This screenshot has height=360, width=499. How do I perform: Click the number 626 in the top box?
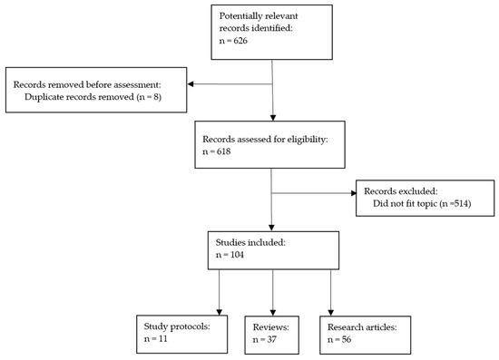click(x=240, y=41)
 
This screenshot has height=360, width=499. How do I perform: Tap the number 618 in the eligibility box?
click(x=223, y=151)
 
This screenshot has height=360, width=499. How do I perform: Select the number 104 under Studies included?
click(x=237, y=255)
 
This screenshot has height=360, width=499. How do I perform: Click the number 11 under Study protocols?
click(x=163, y=339)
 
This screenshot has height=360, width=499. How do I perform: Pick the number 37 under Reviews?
click(x=271, y=340)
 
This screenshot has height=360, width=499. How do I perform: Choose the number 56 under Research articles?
click(x=347, y=339)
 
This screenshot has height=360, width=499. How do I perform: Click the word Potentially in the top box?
click(x=240, y=16)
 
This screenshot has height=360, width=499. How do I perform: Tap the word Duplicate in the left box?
click(x=44, y=97)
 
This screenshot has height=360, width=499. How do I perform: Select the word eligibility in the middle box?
click(x=307, y=140)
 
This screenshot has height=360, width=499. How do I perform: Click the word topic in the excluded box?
click(x=426, y=204)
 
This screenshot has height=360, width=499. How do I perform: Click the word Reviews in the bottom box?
click(x=271, y=327)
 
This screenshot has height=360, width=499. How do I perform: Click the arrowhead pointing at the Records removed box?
click(x=191, y=84)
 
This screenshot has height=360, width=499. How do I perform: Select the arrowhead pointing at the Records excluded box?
click(x=354, y=193)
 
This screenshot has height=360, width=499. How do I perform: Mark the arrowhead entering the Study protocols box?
click(x=220, y=312)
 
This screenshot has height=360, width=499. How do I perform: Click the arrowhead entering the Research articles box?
click(x=330, y=313)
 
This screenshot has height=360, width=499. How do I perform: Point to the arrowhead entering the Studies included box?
click(x=271, y=228)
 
